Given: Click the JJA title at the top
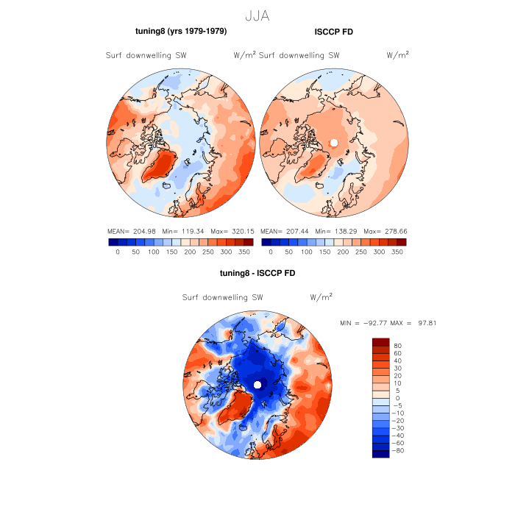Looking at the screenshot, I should click(x=257, y=14).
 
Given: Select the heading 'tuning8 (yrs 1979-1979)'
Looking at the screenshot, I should click(x=181, y=32).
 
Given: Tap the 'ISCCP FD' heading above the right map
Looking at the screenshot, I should click(x=334, y=32).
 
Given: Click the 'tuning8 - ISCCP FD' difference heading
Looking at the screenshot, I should click(x=257, y=274).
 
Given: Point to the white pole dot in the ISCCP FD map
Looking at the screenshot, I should click(x=334, y=142).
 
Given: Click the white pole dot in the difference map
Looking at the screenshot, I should click(x=257, y=385).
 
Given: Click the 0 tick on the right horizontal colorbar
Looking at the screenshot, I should click(x=271, y=252).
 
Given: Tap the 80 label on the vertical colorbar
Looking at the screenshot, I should click(x=398, y=345).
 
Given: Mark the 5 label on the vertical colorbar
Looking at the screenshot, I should click(x=397, y=391).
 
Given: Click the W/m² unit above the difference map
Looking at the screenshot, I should click(x=322, y=297).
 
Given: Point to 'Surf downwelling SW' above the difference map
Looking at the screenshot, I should click(x=222, y=298).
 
